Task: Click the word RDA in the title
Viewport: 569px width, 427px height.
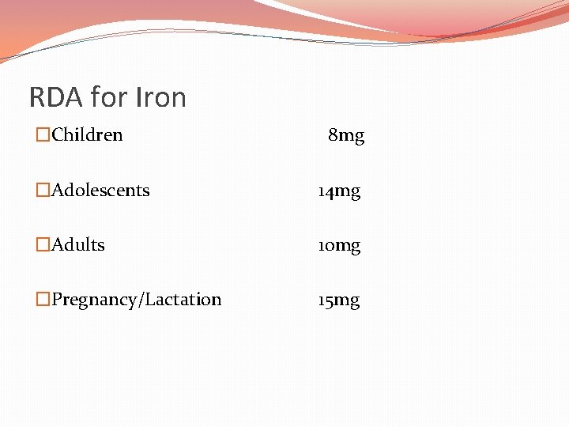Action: tap(57, 98)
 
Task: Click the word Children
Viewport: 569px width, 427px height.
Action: tap(87, 135)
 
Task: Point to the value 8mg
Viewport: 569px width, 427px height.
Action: tap(346, 136)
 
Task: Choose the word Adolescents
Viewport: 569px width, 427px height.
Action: tap(100, 191)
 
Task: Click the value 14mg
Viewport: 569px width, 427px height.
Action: tap(339, 191)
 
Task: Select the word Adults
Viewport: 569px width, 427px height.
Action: tap(78, 245)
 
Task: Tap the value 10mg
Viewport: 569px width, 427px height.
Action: tap(339, 246)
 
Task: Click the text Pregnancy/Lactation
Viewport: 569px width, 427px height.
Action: tap(136, 300)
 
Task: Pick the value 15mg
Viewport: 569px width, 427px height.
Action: tap(339, 300)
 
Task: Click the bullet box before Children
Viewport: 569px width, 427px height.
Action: tap(43, 135)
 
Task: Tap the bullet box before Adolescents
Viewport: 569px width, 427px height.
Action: tap(43, 191)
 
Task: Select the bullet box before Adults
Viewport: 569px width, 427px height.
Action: tap(43, 245)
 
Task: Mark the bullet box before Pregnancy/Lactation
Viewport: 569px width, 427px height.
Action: tap(43, 300)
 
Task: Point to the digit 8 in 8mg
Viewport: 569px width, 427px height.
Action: tap(333, 136)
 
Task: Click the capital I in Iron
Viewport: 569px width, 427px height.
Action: tap(138, 98)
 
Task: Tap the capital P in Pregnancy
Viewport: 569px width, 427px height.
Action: tap(57, 300)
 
